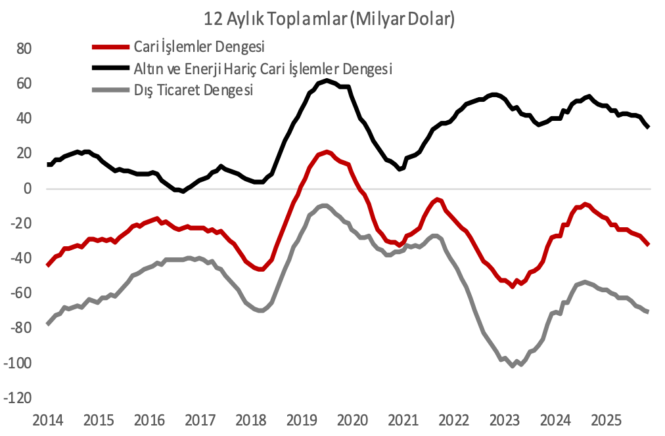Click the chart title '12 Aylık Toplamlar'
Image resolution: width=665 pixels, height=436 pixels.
(329, 20)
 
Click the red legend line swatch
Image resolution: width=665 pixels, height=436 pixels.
(110, 47)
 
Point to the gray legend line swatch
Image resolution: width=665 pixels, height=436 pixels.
(110, 90)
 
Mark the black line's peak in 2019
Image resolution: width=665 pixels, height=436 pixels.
(326, 81)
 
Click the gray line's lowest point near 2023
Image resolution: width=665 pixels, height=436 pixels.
(513, 366)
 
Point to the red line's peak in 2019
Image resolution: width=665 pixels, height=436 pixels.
(326, 152)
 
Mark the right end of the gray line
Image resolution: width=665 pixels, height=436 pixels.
(648, 311)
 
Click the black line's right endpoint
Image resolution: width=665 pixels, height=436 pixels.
(649, 127)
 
